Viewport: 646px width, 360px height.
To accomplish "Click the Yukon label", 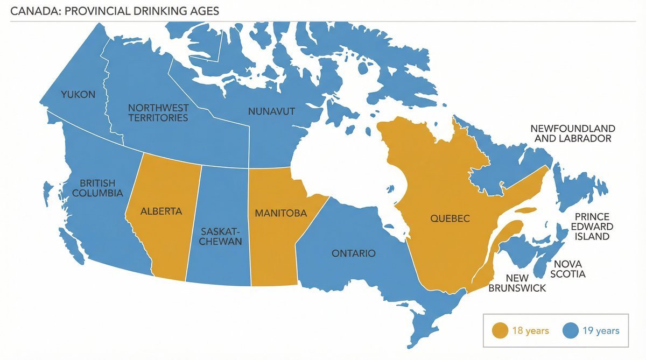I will coord(78,95).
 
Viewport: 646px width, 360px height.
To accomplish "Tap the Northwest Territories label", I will coord(158,112).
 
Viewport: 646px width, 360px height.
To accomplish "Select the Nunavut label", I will coord(271,111).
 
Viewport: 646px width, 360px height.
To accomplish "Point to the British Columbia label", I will coord(101,188).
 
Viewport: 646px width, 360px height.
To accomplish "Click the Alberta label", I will coord(161,211).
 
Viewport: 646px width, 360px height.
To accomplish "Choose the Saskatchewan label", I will coord(220,236).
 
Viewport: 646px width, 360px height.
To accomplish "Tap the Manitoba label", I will coord(280,213).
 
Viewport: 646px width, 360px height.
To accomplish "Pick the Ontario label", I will coord(353,253).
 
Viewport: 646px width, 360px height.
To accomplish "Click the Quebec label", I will coord(450,218).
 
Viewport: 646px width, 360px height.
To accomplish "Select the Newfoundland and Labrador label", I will coord(572,133).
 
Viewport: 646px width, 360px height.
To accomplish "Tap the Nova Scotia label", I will coord(569,269).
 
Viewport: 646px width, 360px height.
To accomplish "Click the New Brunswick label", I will coord(517,283).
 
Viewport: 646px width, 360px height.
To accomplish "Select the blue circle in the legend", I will coord(571,330).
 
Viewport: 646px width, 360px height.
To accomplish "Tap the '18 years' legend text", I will coord(530,331).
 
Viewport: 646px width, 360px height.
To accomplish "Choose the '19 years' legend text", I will coord(600,331).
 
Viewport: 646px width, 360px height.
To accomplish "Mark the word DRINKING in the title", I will coord(156,11).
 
